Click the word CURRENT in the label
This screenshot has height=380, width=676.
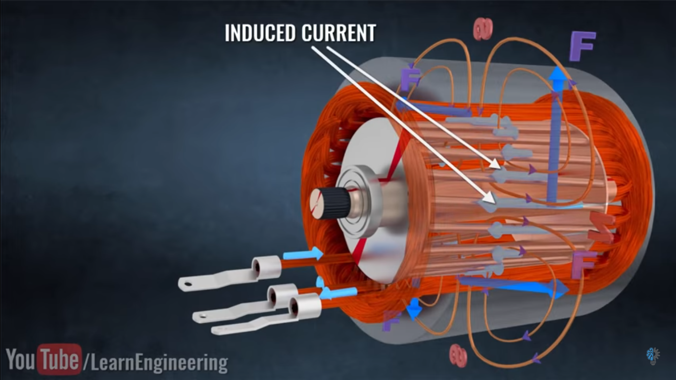(x=339, y=33)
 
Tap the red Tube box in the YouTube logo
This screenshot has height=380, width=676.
(x=59, y=359)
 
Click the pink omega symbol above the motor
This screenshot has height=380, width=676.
(x=483, y=29)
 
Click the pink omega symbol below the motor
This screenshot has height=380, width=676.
(x=458, y=356)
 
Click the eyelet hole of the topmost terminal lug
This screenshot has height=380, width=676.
(x=187, y=284)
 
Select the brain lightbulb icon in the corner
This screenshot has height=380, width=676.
(x=653, y=355)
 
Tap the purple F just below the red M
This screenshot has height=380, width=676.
(x=583, y=264)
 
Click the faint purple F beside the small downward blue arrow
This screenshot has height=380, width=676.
(x=391, y=321)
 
